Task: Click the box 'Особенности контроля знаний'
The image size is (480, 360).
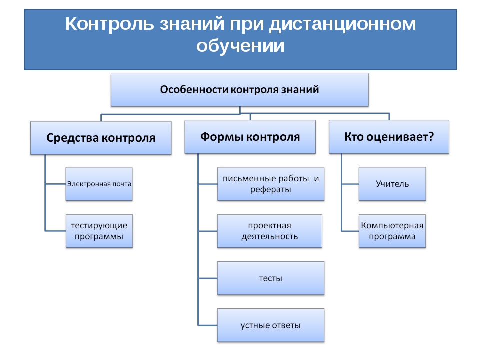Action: (x=239, y=90)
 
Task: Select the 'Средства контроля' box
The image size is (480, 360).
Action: (x=101, y=137)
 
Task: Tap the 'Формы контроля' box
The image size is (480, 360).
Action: (x=250, y=136)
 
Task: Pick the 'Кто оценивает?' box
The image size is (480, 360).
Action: (x=389, y=136)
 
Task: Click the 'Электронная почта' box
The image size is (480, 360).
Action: (x=99, y=184)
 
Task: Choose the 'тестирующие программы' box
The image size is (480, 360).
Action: (x=99, y=231)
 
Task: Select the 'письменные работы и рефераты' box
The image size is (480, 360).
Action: (x=271, y=184)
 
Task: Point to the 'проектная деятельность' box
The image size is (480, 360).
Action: (x=270, y=231)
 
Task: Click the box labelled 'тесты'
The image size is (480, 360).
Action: (x=271, y=278)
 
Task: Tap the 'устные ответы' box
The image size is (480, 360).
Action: (x=271, y=325)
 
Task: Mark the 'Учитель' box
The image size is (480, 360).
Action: (x=392, y=184)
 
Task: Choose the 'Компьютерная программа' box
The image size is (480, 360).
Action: (x=392, y=231)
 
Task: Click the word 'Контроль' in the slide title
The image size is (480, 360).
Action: (x=110, y=24)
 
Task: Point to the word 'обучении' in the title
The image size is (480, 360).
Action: (x=240, y=46)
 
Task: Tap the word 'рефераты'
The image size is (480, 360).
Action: (x=271, y=190)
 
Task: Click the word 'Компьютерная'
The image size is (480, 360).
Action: (x=392, y=225)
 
